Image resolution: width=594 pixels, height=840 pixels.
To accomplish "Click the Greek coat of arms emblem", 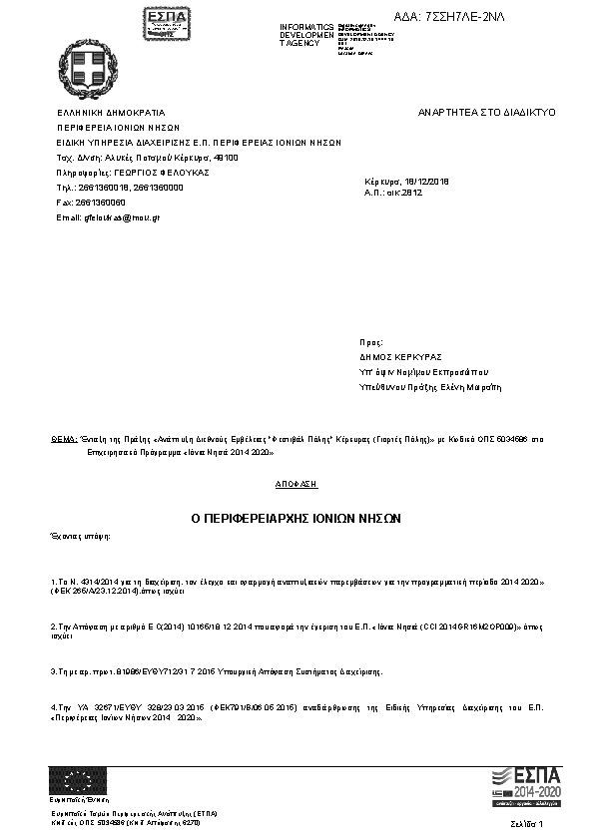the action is tap(90, 67).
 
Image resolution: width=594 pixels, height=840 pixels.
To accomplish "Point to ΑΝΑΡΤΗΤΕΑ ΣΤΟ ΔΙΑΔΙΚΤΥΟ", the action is tap(486, 114).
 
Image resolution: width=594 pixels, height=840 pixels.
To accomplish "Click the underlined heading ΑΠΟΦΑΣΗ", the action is tap(297, 484).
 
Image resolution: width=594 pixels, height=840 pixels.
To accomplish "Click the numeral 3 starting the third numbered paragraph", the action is tap(52, 671).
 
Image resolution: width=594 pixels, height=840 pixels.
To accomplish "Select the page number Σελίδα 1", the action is tap(526, 825).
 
